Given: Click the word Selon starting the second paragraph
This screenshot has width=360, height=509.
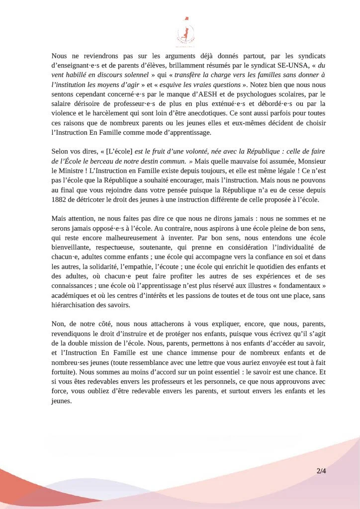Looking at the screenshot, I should [x=62, y=152].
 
